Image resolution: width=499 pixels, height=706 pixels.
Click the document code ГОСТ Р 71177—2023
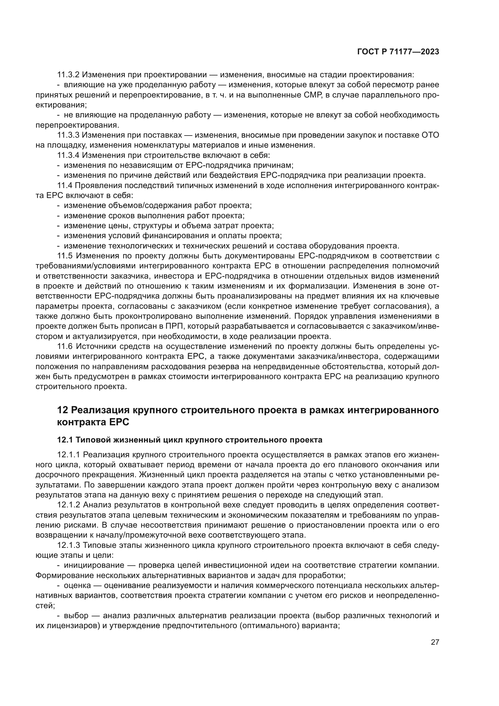click(x=398, y=52)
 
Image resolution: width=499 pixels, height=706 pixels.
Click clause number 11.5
click(x=65, y=256)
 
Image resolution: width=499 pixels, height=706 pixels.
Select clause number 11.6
click(x=65, y=347)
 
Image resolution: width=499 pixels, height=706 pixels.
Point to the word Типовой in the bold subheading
click(x=93, y=440)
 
